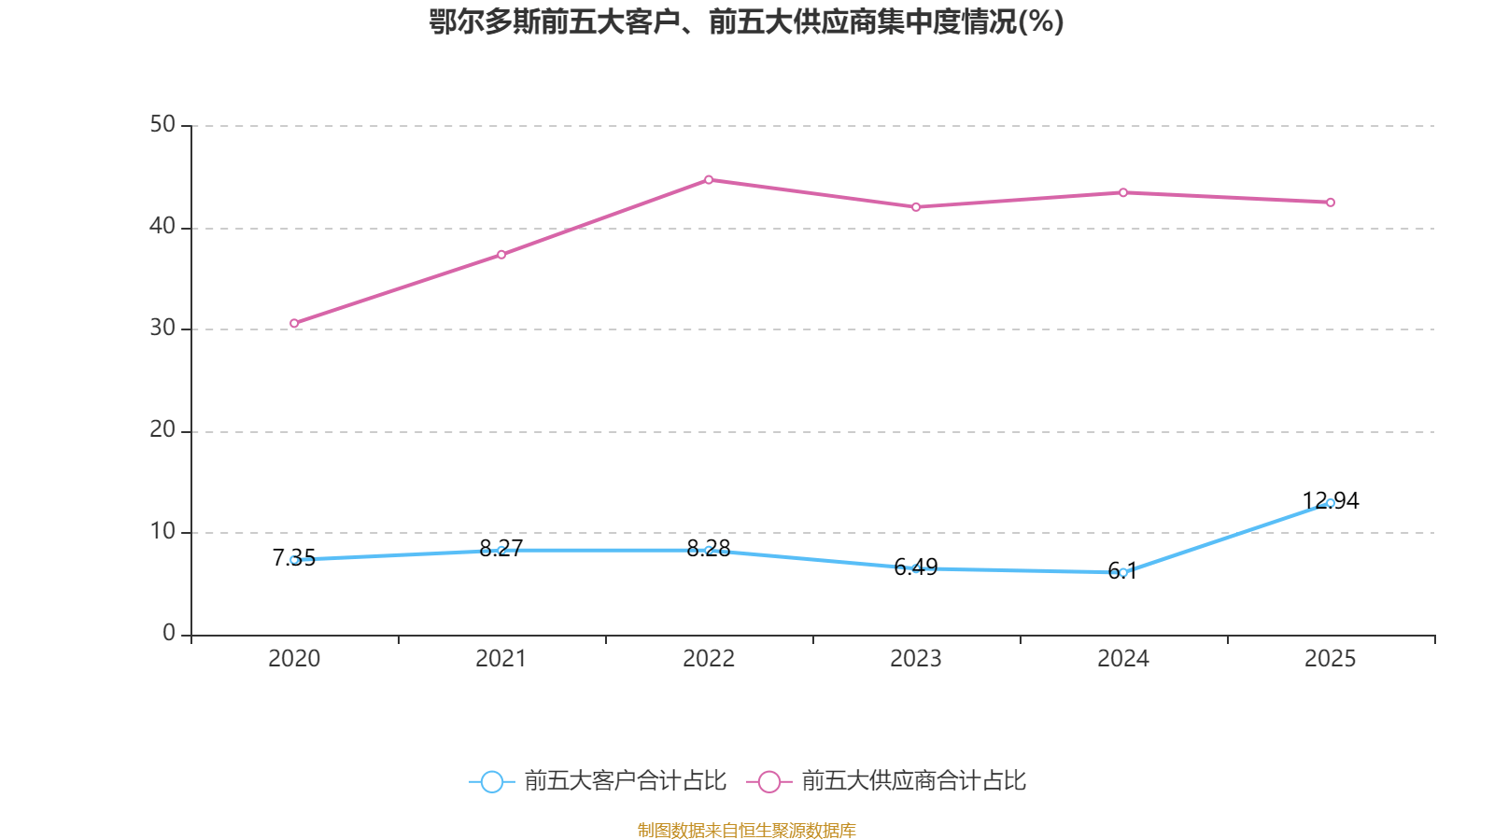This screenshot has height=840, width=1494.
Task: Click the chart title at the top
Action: coord(746,22)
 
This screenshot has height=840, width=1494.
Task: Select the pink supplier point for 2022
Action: coord(709,179)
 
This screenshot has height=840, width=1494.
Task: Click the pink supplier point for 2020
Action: coord(294,323)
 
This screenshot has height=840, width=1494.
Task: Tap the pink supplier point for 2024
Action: coord(1123,192)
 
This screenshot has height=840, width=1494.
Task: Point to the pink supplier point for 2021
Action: coord(501,254)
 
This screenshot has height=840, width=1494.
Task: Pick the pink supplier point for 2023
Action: coord(916,207)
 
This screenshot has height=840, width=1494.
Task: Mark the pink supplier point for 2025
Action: coord(1331,203)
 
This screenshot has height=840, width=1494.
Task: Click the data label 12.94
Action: coord(1331,500)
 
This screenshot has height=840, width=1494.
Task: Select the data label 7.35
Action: coord(293,558)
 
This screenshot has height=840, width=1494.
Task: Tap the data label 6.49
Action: coord(916,567)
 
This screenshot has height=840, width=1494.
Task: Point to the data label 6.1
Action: coord(1122,571)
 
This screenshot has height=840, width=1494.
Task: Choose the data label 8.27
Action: coord(501,548)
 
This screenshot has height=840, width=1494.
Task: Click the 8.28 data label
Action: coord(709,548)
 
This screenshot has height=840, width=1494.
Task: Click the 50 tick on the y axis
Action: coord(162,125)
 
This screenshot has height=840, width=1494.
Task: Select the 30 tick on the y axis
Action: coord(162,329)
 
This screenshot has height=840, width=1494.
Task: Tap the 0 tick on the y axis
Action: coord(169,634)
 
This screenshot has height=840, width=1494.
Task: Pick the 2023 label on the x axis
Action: coord(916,659)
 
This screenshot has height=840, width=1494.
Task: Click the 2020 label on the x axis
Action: coord(294,659)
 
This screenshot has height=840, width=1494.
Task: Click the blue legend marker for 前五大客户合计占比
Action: coord(491,781)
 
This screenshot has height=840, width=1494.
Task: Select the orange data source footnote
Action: coord(746,830)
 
